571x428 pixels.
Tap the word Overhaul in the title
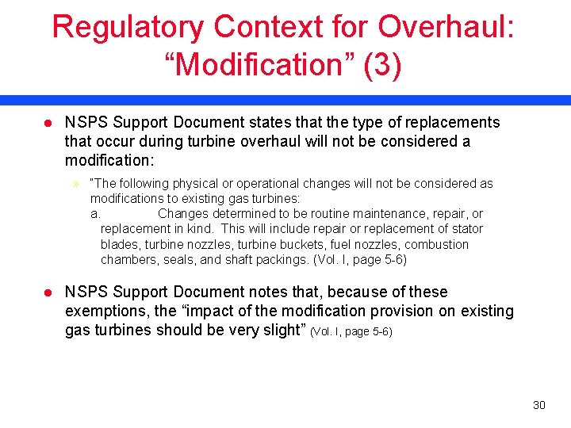pyautogui.click(x=446, y=27)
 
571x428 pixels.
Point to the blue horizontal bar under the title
pyautogui.click(x=285, y=100)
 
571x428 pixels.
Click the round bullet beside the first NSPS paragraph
pyautogui.click(x=47, y=122)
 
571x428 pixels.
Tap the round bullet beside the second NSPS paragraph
pyautogui.click(x=47, y=292)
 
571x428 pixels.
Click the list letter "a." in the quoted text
pyautogui.click(x=94, y=214)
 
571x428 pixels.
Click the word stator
pyautogui.click(x=466, y=229)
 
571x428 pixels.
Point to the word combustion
pyautogui.click(x=435, y=244)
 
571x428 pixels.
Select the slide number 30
pyautogui.click(x=539, y=405)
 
